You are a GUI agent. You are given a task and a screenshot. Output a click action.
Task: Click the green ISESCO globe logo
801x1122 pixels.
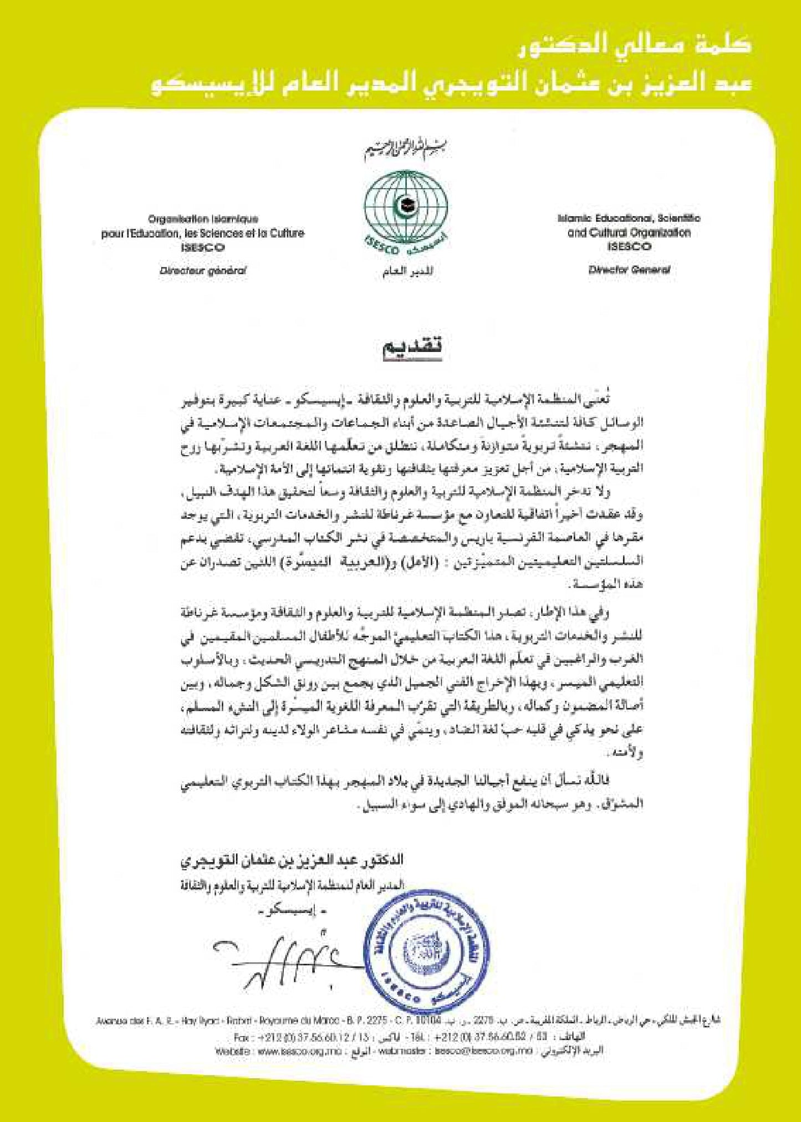pos(406,207)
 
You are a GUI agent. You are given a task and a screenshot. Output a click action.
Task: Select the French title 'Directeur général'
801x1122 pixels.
pos(203,271)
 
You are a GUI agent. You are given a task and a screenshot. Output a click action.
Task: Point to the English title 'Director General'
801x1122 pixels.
pos(629,270)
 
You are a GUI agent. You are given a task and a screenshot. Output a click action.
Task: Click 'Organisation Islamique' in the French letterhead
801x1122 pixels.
pos(203,219)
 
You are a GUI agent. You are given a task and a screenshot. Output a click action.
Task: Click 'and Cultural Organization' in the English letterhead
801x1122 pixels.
pos(629,233)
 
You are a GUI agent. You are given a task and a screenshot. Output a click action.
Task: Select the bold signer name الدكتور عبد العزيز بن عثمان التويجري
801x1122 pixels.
pos(292,860)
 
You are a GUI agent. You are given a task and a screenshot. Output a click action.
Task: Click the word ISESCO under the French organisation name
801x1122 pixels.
pos(203,247)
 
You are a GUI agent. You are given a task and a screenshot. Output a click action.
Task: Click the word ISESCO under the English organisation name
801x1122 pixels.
pos(629,247)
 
